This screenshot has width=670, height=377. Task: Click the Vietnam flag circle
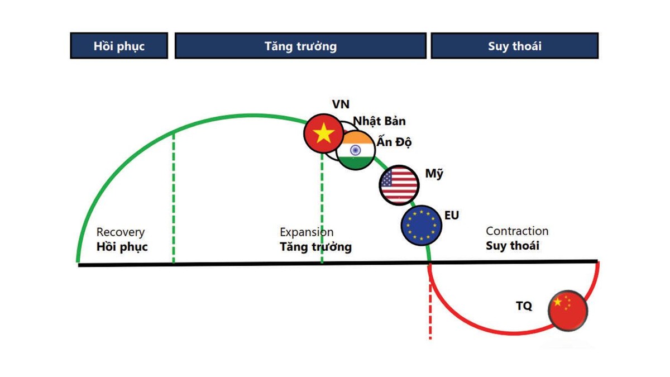coord(324,133)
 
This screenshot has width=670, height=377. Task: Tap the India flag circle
coord(355,150)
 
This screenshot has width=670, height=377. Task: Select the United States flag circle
coord(399,185)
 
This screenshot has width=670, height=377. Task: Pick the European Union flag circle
coord(422,225)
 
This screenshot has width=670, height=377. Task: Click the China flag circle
coord(568,311)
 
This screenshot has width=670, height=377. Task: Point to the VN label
coord(341,104)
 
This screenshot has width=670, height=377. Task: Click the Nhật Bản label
coord(379,121)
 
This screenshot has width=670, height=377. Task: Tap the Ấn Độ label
coord(394,141)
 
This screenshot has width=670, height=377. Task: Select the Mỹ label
coord(434,174)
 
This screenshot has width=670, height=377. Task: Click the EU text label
coord(452,216)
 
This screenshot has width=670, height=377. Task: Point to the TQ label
coord(524,306)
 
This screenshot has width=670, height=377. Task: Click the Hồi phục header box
coord(119,46)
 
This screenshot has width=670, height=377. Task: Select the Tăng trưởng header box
coord(300,46)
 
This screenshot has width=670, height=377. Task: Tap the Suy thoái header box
coord(515,46)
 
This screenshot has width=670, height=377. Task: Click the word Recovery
coord(121,232)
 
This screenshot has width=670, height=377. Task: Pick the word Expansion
coord(307,232)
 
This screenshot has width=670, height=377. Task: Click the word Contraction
coord(517,231)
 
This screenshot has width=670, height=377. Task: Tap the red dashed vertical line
coord(430,302)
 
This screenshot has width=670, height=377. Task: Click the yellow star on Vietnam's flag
coord(323,133)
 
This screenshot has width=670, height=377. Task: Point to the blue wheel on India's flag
coord(355,150)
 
